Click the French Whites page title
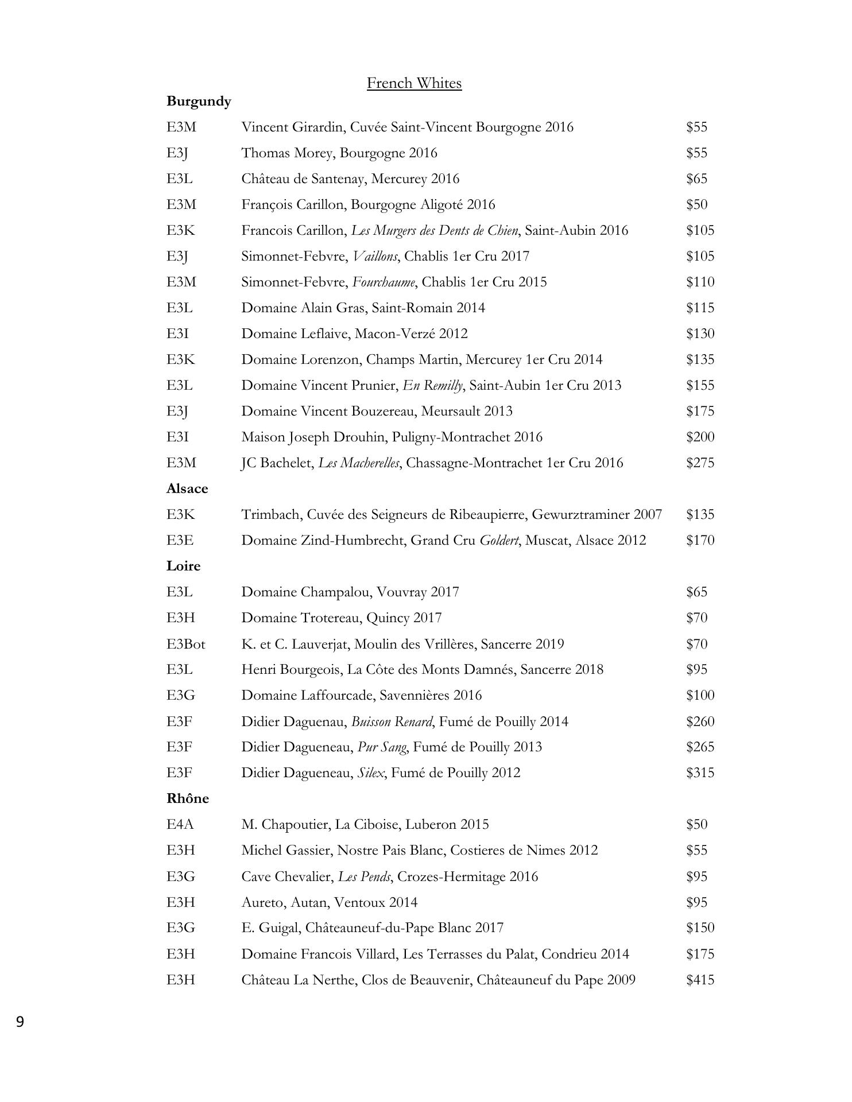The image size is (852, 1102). [414, 83]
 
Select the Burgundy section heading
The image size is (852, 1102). [199, 101]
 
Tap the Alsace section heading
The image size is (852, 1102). [187, 488]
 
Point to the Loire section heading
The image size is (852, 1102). [184, 566]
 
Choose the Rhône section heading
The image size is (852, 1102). [188, 798]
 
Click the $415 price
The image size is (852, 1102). [700, 979]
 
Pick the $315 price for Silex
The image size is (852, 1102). [700, 773]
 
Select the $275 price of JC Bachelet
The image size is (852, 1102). [700, 463]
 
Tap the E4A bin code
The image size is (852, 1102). [180, 824]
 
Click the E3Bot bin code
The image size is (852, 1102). [186, 644]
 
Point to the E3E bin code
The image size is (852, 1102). [180, 540]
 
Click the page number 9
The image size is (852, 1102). [20, 1022]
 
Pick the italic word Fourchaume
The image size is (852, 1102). [384, 282]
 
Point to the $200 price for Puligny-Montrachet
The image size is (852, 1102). [700, 437]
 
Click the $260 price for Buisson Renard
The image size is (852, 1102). [700, 721]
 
